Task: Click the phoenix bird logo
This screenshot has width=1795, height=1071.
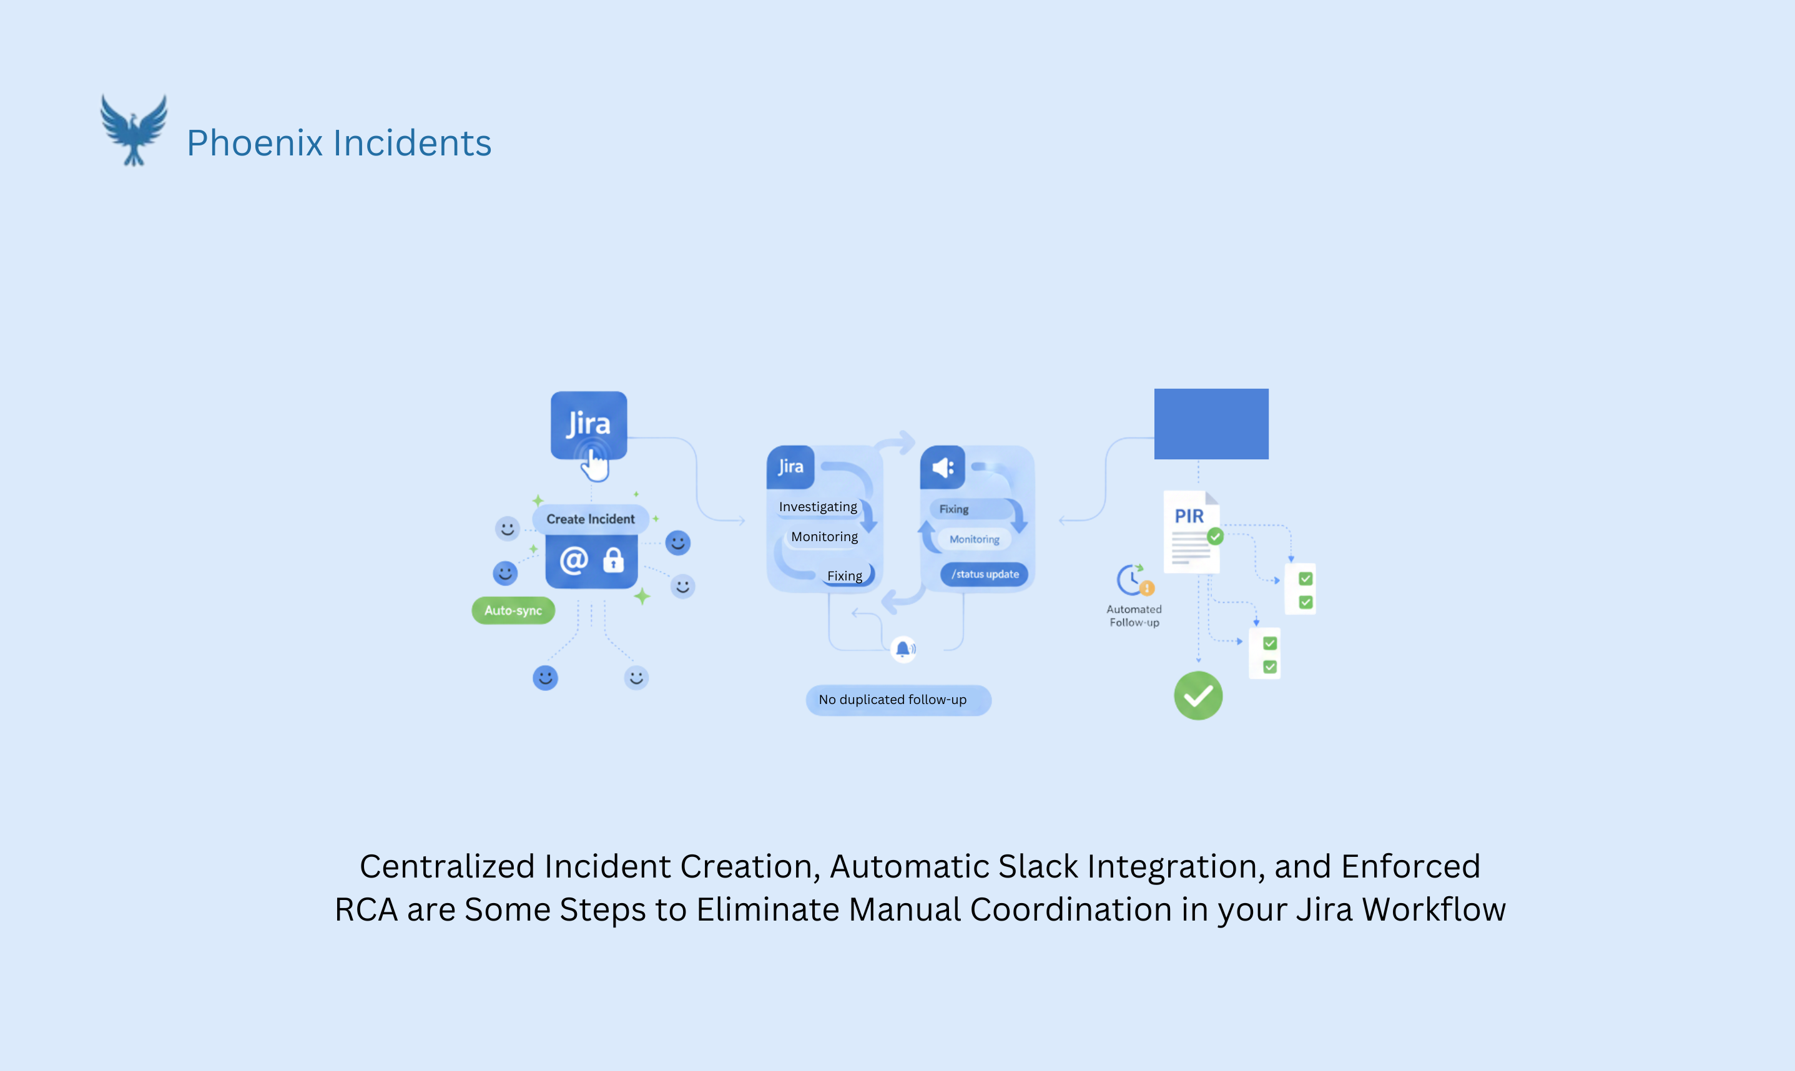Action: click(134, 130)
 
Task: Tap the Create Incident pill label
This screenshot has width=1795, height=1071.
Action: click(591, 519)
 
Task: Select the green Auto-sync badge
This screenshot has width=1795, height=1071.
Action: click(513, 610)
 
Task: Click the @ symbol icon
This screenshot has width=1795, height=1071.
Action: click(574, 560)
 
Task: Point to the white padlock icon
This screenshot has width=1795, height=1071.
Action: click(614, 560)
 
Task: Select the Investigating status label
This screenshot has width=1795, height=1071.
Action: click(818, 507)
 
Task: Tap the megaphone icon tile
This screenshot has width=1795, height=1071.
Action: click(943, 467)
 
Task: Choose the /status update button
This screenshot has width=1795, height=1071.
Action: click(985, 574)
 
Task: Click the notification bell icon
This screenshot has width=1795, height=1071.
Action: click(903, 649)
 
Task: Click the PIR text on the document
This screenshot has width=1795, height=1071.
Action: click(1189, 517)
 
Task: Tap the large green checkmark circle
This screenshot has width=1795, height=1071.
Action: click(1198, 696)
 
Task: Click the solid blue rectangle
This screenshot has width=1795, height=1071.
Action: click(1211, 424)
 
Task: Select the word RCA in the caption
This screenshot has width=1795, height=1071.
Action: click(366, 909)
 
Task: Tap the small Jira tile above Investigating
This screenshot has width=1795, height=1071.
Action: click(790, 467)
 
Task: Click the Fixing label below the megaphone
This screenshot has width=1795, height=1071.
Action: click(953, 509)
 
